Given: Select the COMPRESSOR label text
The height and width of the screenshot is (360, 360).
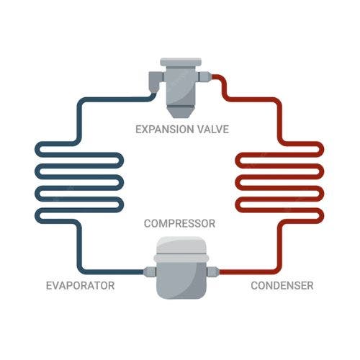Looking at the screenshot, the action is point(179,224).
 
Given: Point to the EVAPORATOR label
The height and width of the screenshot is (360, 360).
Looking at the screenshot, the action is point(80,286).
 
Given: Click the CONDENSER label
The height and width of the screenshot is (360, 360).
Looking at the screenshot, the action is point(282,286).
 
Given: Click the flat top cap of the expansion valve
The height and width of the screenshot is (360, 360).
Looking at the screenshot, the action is point(181,62).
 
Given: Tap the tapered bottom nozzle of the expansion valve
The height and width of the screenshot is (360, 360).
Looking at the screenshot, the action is point(181,111).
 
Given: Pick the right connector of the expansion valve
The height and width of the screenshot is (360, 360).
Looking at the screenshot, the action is point(204,76).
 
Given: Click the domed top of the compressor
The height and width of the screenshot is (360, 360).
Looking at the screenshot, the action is point(181,246).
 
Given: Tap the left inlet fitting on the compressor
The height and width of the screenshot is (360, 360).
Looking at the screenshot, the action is point(150,272).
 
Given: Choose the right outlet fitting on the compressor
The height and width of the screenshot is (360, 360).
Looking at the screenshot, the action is point(213,272).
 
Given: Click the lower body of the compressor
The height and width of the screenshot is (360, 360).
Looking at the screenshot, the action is point(181,280).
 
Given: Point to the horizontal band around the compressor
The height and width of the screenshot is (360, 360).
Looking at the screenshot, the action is point(181,258).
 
